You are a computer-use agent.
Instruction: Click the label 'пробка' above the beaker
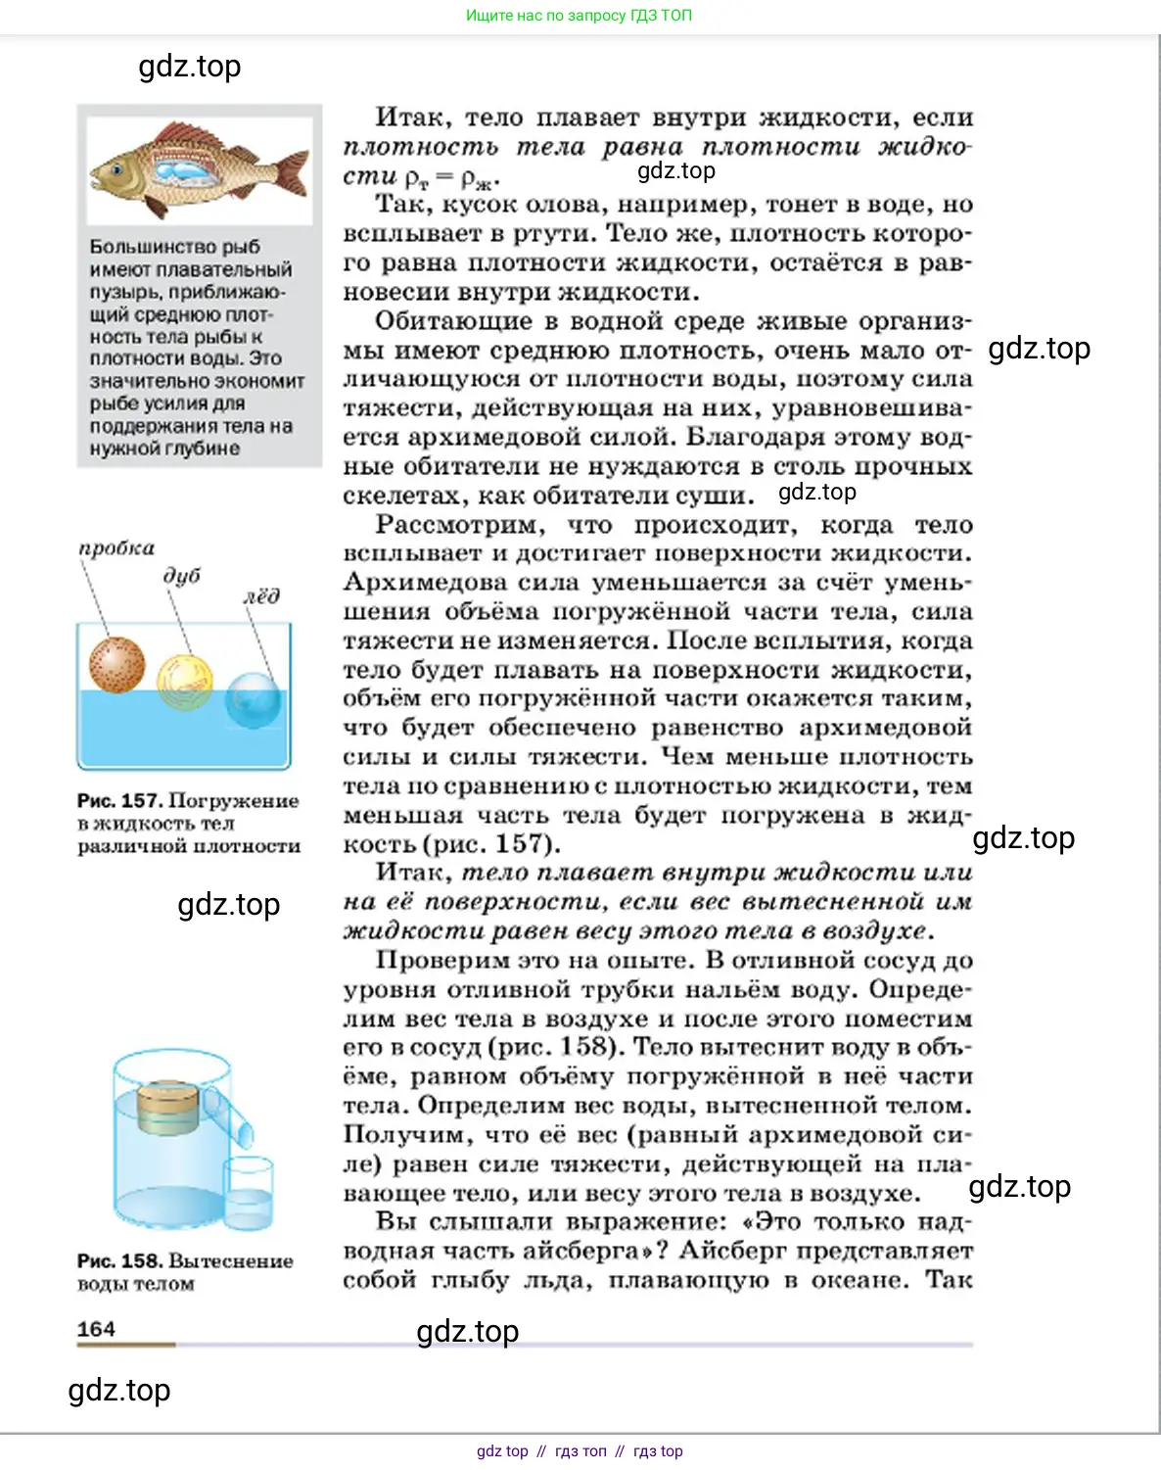[116, 548]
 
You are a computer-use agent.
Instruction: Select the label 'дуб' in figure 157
[182, 576]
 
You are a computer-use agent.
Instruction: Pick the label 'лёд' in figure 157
[261, 596]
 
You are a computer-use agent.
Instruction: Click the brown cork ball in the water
[116, 665]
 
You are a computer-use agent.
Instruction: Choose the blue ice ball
[253, 699]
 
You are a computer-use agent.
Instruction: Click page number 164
[96, 1329]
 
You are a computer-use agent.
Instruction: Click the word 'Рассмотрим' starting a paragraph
[456, 525]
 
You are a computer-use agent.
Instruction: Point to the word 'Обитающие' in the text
[452, 321]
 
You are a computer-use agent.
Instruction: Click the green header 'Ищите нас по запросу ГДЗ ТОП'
[579, 16]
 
